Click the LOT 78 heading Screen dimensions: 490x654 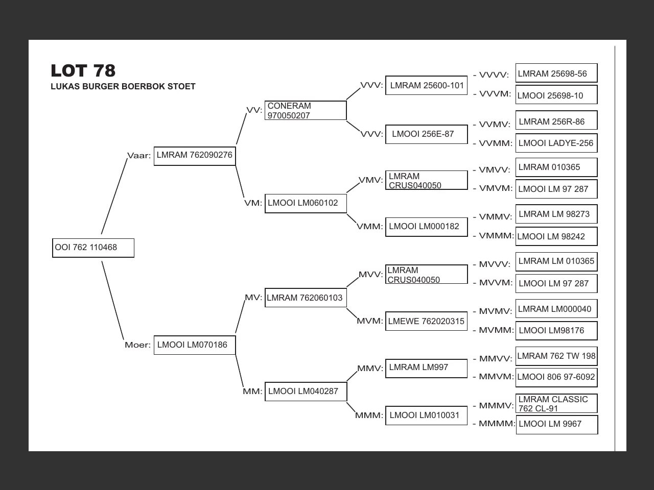[x=83, y=70]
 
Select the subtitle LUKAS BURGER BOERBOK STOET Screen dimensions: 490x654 [x=123, y=87]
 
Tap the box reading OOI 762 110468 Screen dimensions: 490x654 [x=93, y=248]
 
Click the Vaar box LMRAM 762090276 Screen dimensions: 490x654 [x=195, y=155]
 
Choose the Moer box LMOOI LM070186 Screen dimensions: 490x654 [x=195, y=345]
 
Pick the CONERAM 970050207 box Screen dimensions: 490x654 [x=306, y=110]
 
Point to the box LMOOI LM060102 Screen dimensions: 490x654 [x=306, y=203]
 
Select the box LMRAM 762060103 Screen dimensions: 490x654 [x=306, y=298]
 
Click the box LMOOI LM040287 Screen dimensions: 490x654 [x=306, y=391]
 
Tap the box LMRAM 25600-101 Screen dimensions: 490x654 [x=427, y=85]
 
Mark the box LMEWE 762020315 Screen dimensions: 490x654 [x=427, y=322]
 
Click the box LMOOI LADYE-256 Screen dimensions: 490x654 [x=556, y=143]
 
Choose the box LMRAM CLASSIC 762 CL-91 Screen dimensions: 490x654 [x=556, y=404]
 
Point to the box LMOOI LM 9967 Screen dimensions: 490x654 [x=556, y=424]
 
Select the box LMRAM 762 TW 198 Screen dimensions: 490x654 [x=556, y=356]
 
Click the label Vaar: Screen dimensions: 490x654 [x=139, y=156]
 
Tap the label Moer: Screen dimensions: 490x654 [x=138, y=345]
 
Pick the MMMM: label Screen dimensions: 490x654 [x=497, y=424]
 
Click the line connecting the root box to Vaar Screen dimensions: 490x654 [x=114, y=197]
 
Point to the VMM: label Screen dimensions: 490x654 [x=370, y=227]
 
